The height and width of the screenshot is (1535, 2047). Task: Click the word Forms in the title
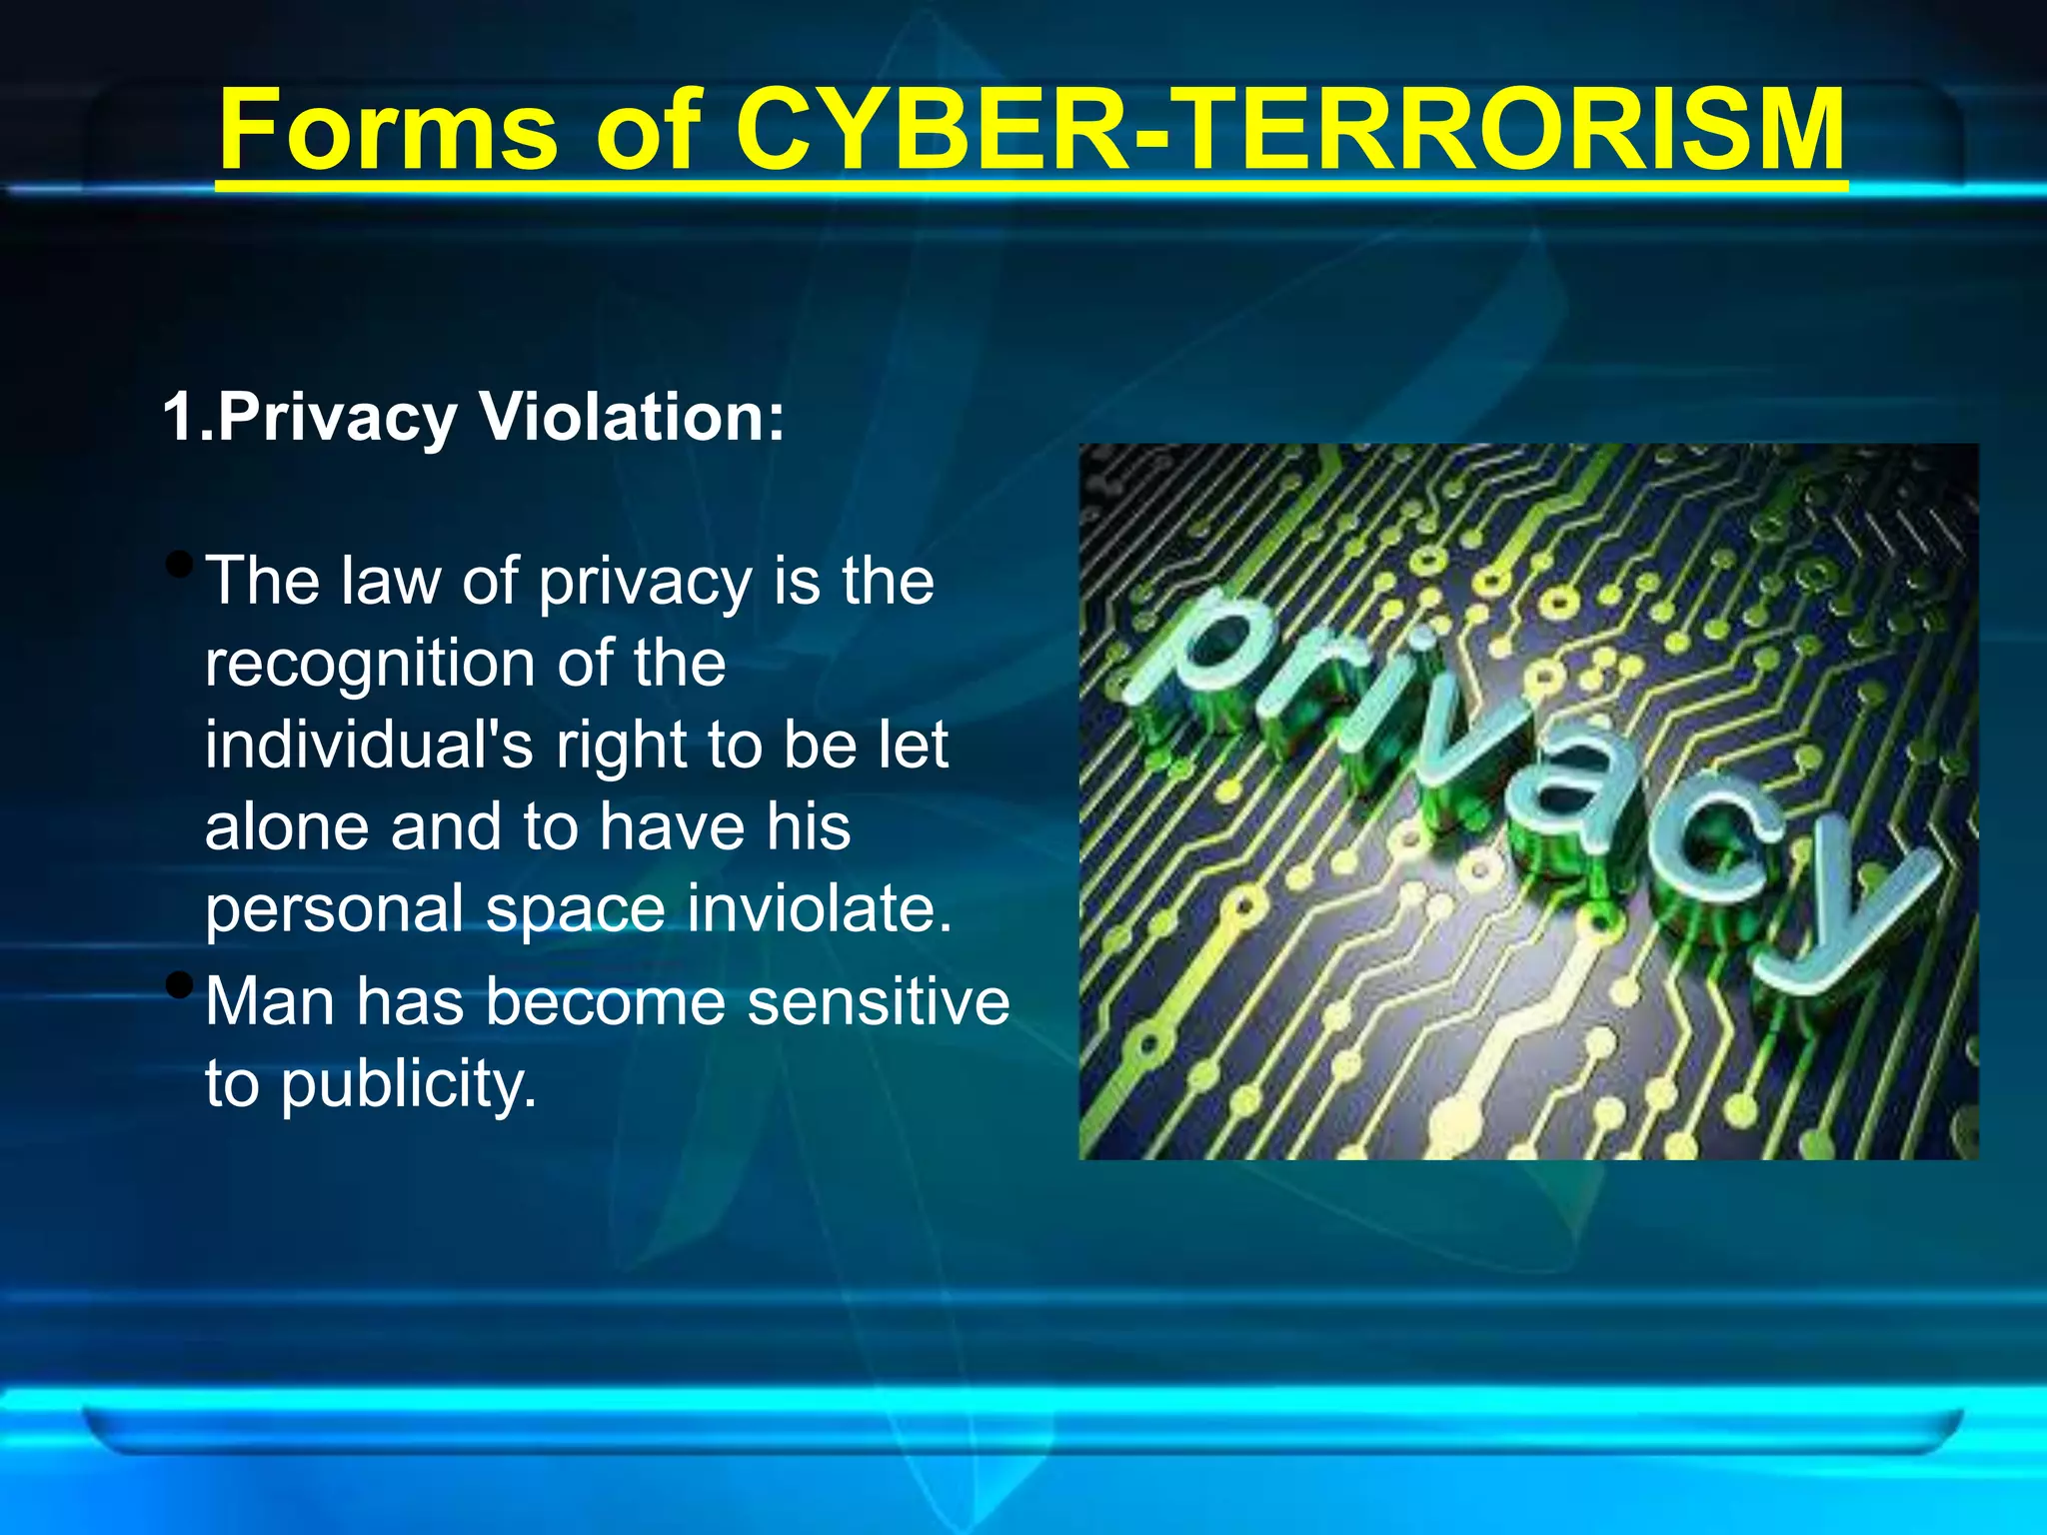click(388, 130)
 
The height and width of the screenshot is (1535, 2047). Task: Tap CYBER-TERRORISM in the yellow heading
click(1289, 130)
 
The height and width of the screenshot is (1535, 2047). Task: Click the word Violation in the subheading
click(633, 416)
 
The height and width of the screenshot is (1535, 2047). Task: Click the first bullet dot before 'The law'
click(180, 566)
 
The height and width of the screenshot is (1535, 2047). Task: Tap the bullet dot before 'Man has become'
click(180, 986)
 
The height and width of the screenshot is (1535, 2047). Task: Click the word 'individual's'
click(369, 746)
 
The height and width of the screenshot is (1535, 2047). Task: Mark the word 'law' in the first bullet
click(390, 581)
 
